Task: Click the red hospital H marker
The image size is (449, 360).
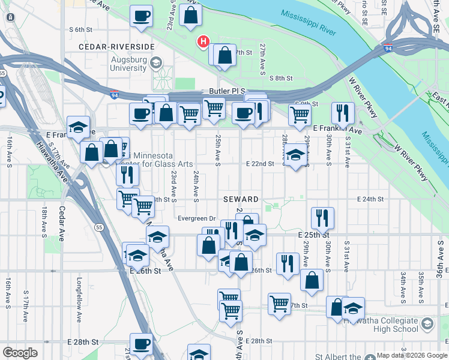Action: click(x=204, y=41)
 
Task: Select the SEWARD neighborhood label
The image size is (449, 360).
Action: click(x=242, y=199)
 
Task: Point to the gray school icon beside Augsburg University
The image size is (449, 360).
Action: click(x=155, y=62)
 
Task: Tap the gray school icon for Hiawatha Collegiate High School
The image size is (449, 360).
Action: click(x=427, y=325)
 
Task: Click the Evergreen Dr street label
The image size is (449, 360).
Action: click(x=196, y=218)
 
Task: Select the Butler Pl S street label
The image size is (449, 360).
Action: click(x=224, y=90)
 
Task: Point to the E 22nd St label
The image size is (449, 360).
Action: click(x=259, y=163)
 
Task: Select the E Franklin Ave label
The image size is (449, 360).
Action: click(x=337, y=129)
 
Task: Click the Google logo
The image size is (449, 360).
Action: click(x=20, y=353)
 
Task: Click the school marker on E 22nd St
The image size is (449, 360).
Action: click(x=294, y=155)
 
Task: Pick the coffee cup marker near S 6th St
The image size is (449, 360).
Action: click(x=142, y=16)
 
